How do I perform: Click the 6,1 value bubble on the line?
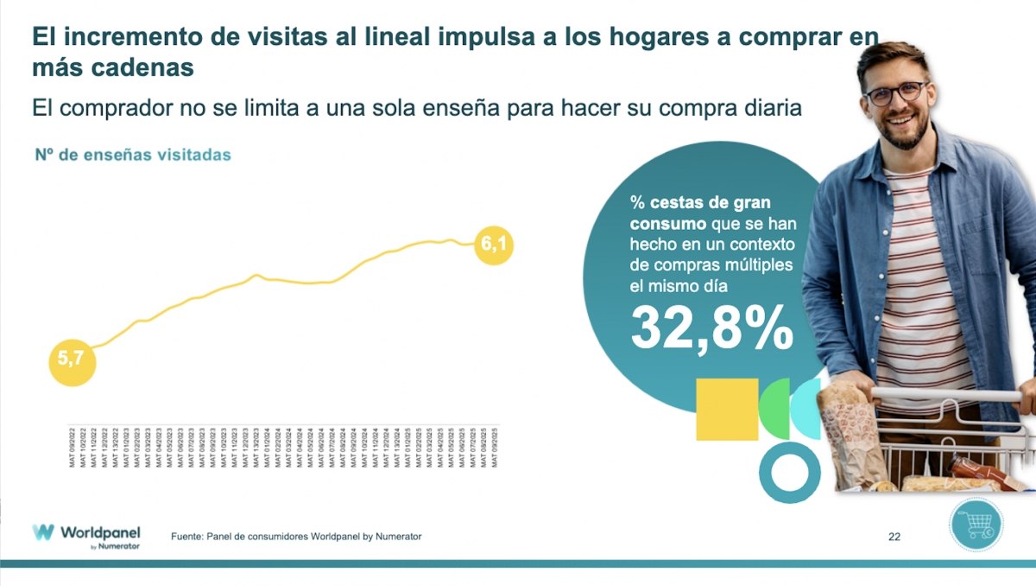(493, 245)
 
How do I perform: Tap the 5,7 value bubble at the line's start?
(71, 360)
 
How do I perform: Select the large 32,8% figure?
(711, 327)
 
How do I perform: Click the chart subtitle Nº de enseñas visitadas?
(133, 156)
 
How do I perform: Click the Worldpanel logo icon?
(43, 532)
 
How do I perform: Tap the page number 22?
(894, 538)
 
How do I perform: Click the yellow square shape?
(727, 409)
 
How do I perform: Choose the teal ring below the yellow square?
(789, 472)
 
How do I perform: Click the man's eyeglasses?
(896, 93)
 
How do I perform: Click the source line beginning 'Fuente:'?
(296, 537)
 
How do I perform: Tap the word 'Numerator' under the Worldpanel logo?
(119, 546)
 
